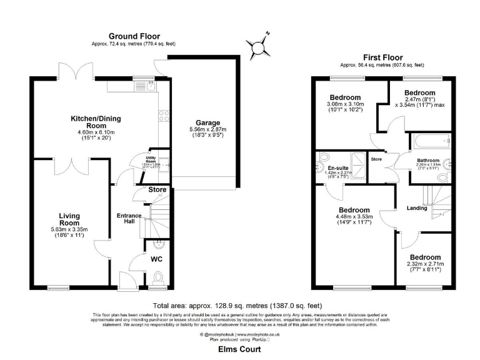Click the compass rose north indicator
point(267,32)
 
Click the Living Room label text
point(69,219)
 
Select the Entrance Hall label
point(130,219)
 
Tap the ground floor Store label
point(157,189)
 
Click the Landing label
point(416,208)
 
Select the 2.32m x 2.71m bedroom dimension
point(425,264)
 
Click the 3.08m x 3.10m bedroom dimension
point(345,105)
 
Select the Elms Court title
point(239,350)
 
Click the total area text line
point(239,306)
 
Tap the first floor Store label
point(376,159)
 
